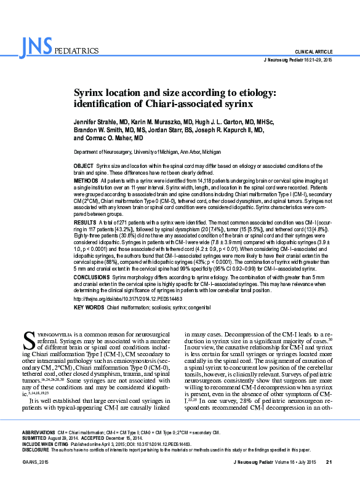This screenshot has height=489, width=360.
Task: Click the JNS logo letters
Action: point(36,46)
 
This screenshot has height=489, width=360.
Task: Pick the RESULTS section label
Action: point(85,221)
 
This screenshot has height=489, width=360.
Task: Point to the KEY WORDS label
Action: point(89,307)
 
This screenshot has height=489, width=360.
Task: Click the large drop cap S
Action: point(27,339)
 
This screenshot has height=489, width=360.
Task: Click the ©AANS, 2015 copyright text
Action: point(34,479)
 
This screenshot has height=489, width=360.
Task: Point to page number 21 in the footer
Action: point(329,479)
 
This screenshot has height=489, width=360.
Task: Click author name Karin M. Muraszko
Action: point(164,122)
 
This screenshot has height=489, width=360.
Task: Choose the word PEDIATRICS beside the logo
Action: point(76,51)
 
